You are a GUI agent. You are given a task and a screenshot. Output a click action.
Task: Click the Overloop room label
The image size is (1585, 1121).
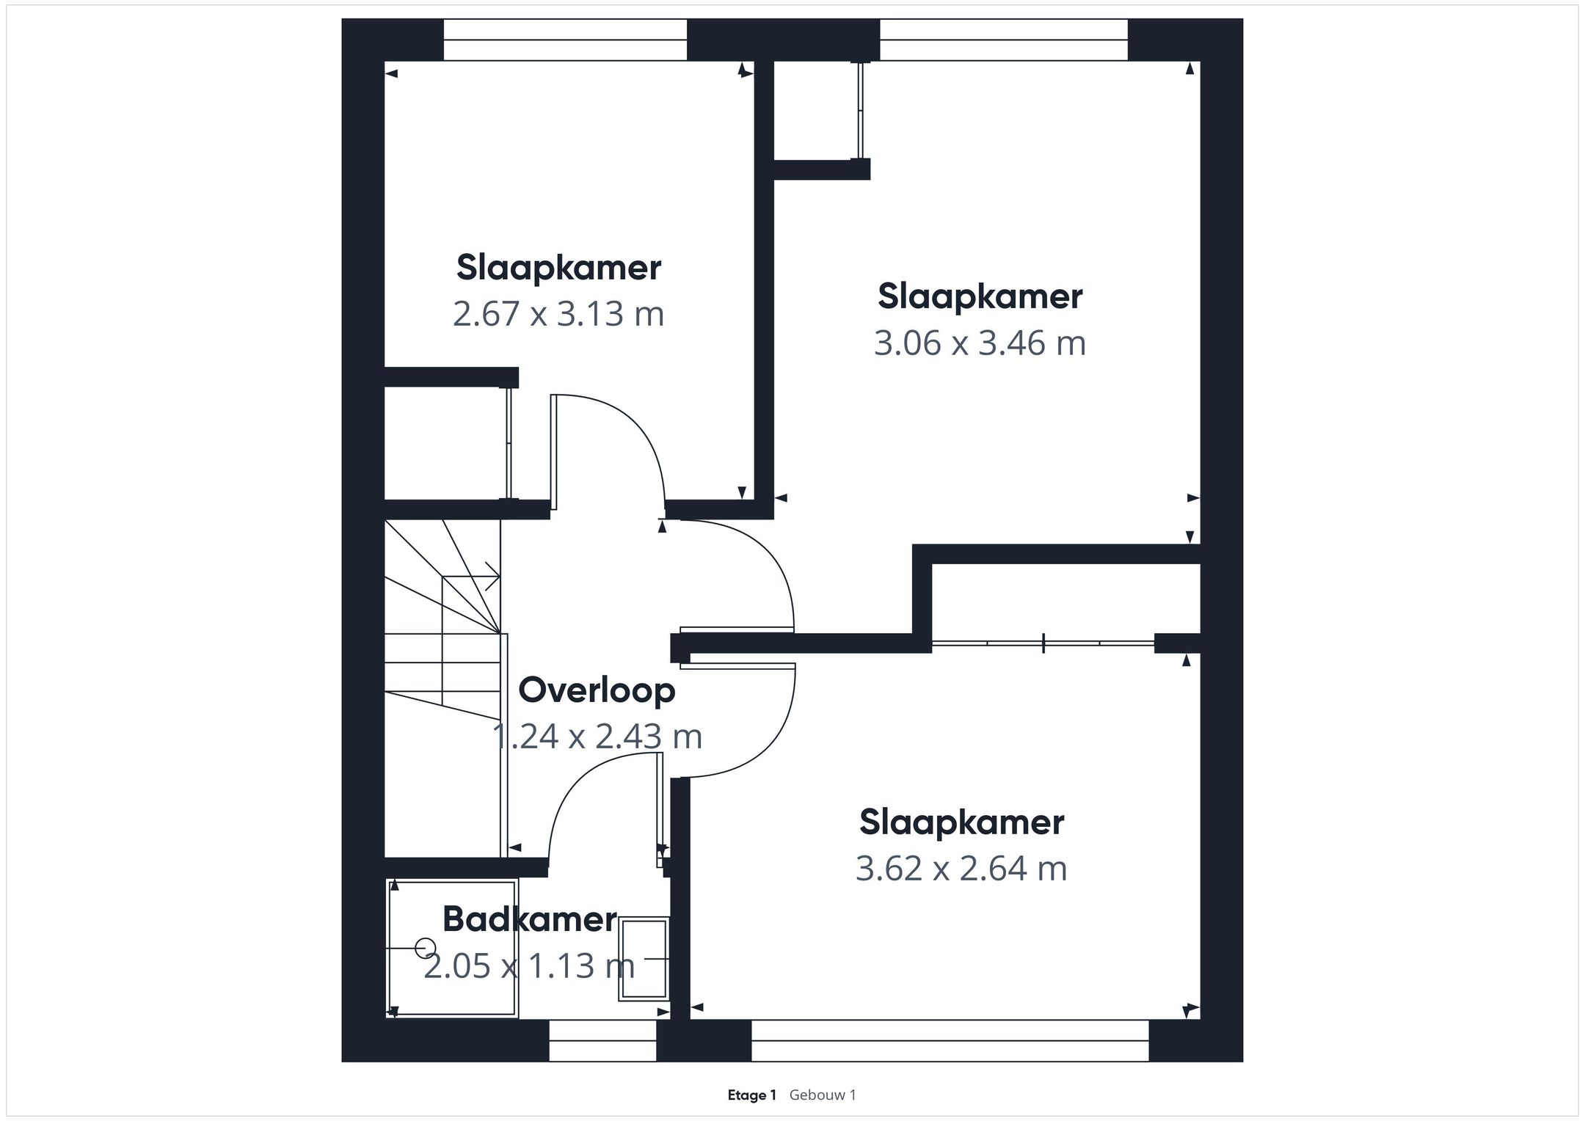(x=597, y=691)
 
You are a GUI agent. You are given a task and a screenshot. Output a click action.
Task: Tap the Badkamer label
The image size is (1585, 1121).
(x=530, y=920)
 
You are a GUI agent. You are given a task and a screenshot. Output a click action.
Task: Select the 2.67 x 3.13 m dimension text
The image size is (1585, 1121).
(x=558, y=314)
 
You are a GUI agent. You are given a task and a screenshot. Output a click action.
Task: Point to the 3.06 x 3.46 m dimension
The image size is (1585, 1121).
(x=980, y=343)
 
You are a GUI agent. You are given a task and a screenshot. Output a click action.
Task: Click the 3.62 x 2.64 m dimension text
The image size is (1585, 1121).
(x=961, y=869)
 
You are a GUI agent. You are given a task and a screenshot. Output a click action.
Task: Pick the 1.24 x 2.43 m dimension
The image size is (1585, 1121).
(x=597, y=737)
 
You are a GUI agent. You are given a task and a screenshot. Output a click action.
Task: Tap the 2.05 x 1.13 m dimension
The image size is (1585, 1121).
(x=529, y=965)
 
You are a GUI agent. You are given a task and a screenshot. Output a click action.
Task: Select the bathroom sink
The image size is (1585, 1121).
(x=644, y=959)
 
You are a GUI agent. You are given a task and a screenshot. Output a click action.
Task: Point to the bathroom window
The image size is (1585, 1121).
(x=602, y=1040)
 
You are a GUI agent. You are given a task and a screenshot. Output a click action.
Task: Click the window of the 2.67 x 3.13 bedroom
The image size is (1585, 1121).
(x=565, y=40)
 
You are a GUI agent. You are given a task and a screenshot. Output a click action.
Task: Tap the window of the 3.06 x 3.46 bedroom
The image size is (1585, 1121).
(x=1003, y=40)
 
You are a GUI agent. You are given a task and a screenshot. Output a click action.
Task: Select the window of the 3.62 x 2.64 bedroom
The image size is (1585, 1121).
(x=950, y=1040)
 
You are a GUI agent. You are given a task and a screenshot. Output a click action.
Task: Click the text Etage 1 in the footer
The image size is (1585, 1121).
(x=751, y=1095)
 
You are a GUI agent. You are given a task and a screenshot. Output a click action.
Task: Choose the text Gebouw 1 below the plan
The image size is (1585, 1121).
(x=823, y=1095)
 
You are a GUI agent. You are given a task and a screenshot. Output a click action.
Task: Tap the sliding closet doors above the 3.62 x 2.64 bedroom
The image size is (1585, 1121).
(x=1043, y=643)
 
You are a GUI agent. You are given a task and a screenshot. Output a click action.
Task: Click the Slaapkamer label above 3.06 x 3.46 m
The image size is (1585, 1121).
(x=980, y=297)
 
